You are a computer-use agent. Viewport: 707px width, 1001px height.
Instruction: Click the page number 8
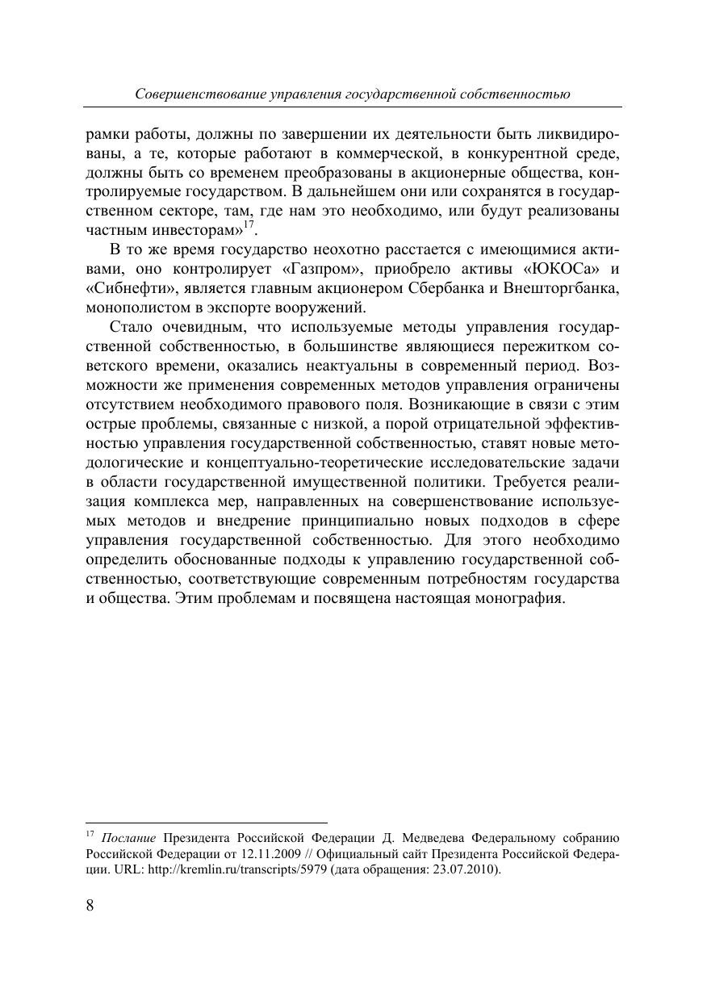[90, 904]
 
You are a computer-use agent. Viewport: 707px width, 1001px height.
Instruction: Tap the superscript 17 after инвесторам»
[249, 225]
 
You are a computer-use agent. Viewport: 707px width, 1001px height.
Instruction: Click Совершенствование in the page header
[200, 94]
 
